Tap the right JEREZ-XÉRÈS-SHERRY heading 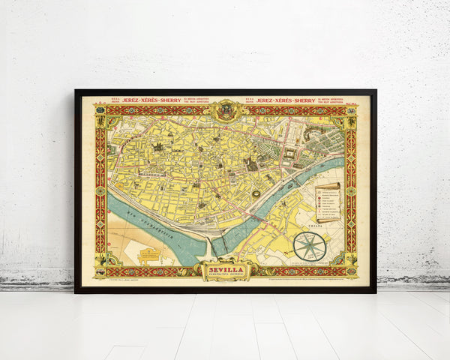tap(286, 99)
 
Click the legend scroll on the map tap(328, 201)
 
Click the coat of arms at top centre tap(225, 110)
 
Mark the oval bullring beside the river tap(258, 193)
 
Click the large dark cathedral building tap(251, 163)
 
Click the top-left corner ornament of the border tap(100, 109)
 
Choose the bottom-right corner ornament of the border tap(350, 270)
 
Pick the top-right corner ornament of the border tap(350, 109)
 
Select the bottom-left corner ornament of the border tap(100, 270)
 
